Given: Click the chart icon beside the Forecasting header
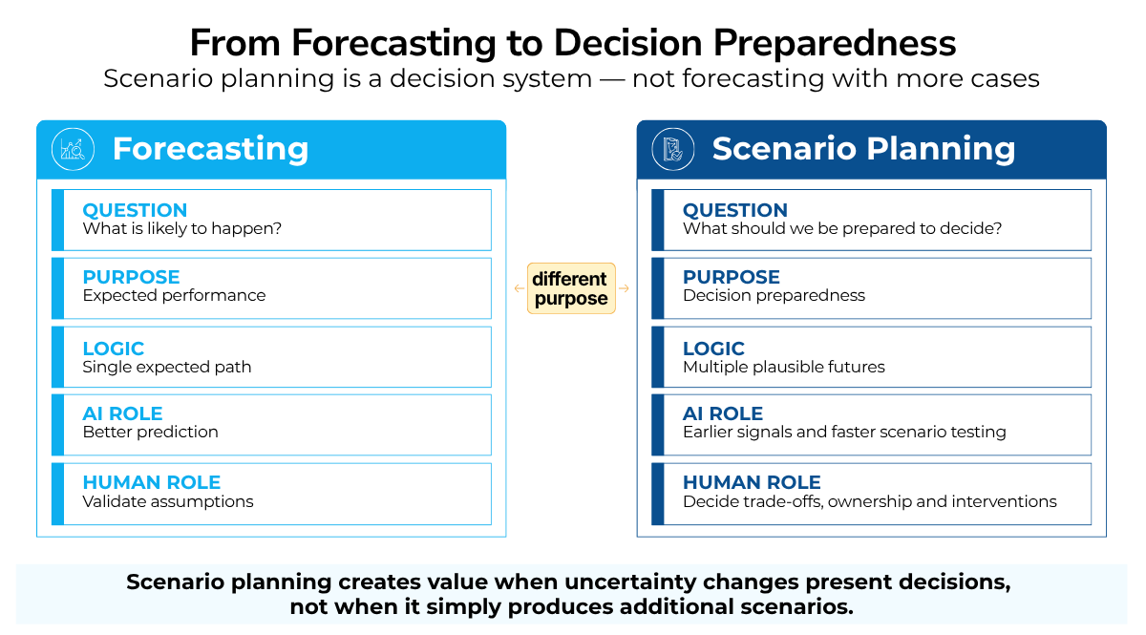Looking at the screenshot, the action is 73,149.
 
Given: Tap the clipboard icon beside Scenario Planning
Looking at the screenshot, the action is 672,149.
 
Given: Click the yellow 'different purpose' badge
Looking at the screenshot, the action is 571,288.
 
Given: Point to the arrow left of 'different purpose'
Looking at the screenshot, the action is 520,288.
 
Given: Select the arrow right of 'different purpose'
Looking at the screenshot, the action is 624,288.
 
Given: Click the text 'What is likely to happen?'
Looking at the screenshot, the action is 182,229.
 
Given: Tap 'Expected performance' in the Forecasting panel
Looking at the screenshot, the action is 174,295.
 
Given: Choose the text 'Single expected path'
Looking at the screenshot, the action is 167,367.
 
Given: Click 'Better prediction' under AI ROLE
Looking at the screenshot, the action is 151,432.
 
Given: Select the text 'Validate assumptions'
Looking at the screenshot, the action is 168,501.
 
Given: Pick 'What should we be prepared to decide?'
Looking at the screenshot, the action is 842,229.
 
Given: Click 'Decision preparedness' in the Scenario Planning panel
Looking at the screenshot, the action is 775,295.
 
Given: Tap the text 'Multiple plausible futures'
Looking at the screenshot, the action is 784,367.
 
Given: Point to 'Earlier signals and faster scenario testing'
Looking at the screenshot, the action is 844,432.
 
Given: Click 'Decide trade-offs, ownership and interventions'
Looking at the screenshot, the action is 870,501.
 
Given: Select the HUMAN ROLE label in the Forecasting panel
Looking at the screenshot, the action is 152,482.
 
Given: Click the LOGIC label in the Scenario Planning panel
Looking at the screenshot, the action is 713,349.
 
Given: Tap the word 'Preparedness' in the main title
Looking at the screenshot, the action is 835,43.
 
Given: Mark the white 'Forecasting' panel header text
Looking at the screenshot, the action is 210,149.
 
